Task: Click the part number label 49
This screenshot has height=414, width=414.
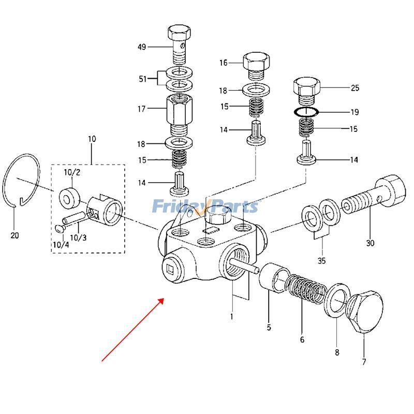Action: click(x=141, y=47)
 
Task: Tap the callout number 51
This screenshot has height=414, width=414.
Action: click(x=142, y=79)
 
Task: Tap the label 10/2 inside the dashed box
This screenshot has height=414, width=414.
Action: click(x=72, y=171)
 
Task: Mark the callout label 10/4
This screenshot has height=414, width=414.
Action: click(x=60, y=244)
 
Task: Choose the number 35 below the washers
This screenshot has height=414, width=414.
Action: click(x=322, y=261)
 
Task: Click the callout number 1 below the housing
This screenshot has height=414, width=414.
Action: click(x=232, y=316)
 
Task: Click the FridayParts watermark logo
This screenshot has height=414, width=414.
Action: click(x=205, y=206)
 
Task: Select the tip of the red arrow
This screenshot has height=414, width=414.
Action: click(x=164, y=299)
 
